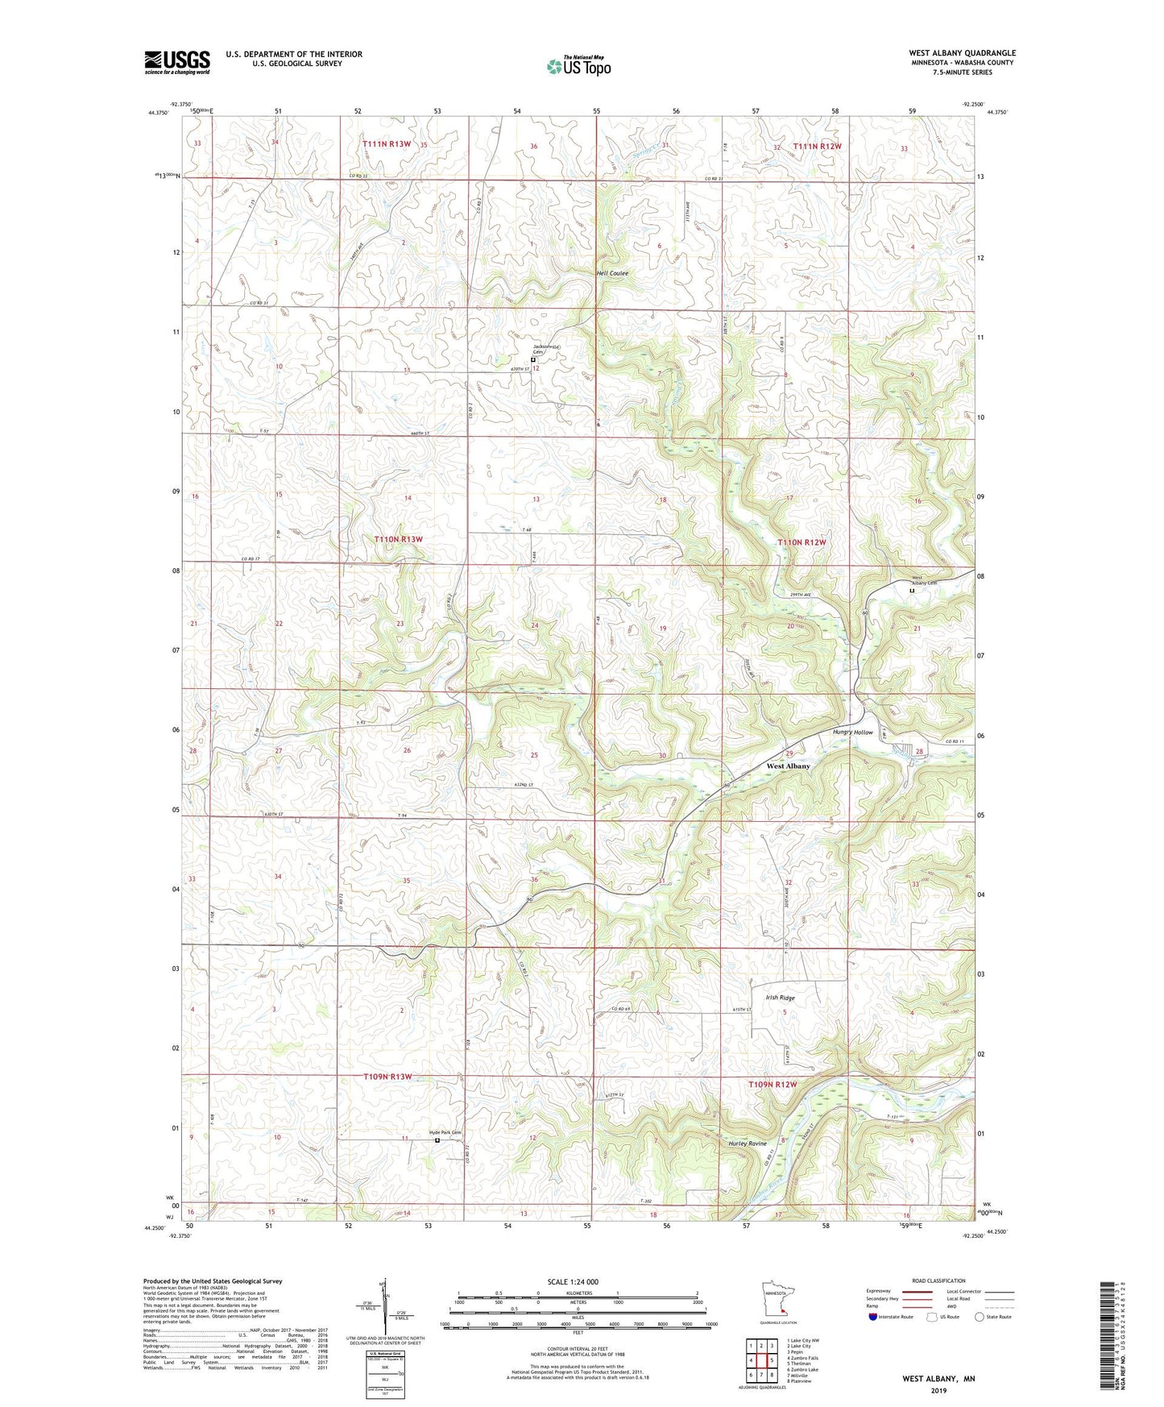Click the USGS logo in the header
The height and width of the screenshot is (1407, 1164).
[177, 61]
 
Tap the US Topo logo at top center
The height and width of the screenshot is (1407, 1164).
[578, 66]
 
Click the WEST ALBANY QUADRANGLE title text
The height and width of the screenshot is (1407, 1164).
[962, 53]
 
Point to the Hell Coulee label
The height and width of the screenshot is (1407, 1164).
[612, 273]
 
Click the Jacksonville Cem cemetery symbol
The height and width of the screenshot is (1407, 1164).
[532, 360]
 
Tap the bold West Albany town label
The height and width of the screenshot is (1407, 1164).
[788, 766]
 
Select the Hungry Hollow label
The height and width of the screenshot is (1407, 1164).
[852, 733]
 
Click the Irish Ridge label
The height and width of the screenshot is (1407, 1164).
[780, 998]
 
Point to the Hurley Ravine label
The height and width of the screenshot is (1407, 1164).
[748, 1143]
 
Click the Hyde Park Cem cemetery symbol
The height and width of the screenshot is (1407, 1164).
[437, 1140]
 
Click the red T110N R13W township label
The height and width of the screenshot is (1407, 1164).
[398, 538]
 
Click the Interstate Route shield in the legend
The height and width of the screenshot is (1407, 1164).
[874, 1317]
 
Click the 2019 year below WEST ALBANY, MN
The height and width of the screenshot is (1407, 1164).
[938, 1391]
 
